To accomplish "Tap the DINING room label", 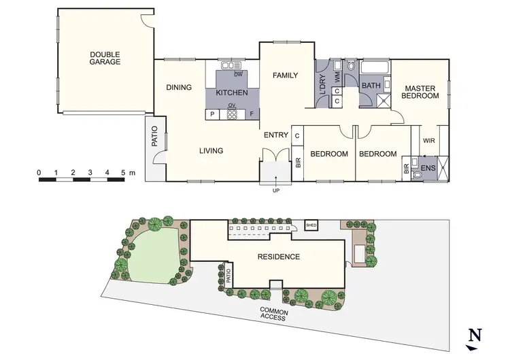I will (179, 87).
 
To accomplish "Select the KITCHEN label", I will (231, 93).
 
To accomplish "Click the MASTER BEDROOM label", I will (420, 93).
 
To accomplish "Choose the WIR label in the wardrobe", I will (429, 141).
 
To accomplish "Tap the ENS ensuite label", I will (428, 167).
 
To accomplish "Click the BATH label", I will (371, 86).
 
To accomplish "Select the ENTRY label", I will (276, 135).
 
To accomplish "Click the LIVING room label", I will (211, 150).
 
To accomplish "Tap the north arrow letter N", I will (475, 335).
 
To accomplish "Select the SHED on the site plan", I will (312, 225).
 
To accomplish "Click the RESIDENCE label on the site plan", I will (278, 257).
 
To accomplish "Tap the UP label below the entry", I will (276, 190).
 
